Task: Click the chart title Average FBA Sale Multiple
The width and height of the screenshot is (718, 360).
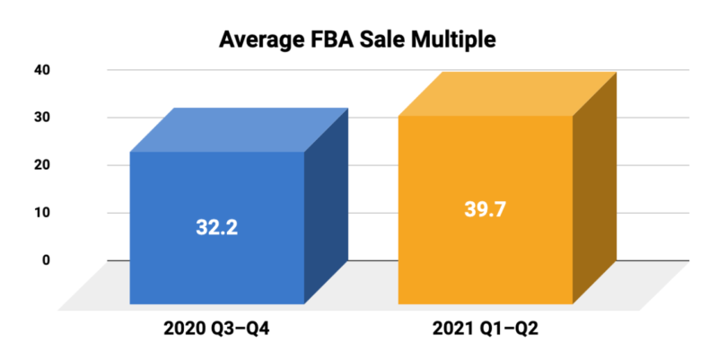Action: (359, 40)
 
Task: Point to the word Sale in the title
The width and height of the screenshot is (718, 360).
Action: (387, 40)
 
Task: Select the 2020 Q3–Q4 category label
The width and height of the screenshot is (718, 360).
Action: (215, 329)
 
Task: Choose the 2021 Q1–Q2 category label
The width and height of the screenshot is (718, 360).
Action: (485, 329)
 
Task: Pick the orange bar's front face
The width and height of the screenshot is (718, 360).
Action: (485, 260)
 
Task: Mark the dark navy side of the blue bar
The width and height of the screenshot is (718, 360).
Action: (326, 206)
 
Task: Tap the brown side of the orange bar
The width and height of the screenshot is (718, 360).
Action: (593, 189)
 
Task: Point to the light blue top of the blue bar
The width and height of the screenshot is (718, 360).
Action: (238, 130)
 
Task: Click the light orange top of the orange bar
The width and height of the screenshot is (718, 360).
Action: (506, 94)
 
